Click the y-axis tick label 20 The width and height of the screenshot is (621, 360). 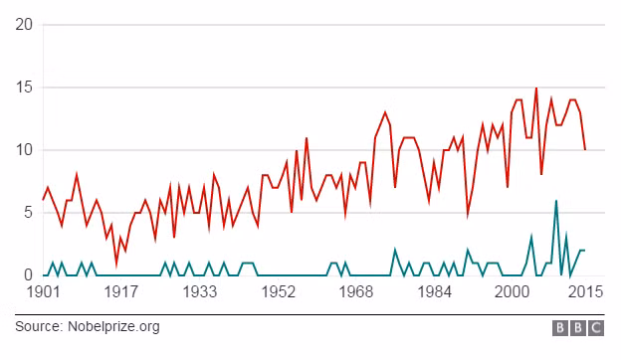[24, 25]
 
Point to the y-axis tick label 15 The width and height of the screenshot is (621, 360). [24, 88]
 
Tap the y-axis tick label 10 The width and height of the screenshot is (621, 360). [24, 150]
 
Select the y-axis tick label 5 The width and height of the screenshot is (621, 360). [28, 213]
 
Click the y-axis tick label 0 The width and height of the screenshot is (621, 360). [28, 274]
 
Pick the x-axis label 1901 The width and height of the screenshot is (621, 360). [44, 292]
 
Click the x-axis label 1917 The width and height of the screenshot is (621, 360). [121, 292]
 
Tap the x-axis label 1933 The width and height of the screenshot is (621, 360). [200, 292]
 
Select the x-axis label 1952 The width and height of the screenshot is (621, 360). [279, 292]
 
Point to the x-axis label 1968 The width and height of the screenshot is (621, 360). [356, 292]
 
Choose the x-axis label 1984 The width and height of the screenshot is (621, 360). [435, 292]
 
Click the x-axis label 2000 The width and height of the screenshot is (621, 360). [513, 292]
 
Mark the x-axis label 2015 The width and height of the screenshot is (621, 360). [586, 292]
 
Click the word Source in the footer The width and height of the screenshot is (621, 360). [39, 327]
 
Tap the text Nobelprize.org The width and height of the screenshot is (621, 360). [113, 327]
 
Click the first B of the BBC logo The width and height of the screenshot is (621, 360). [560, 328]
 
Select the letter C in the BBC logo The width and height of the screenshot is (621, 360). [596, 328]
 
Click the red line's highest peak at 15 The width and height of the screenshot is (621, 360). [536, 88]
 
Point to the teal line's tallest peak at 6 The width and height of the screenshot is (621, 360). [556, 201]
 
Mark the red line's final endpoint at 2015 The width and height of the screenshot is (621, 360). [585, 149]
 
